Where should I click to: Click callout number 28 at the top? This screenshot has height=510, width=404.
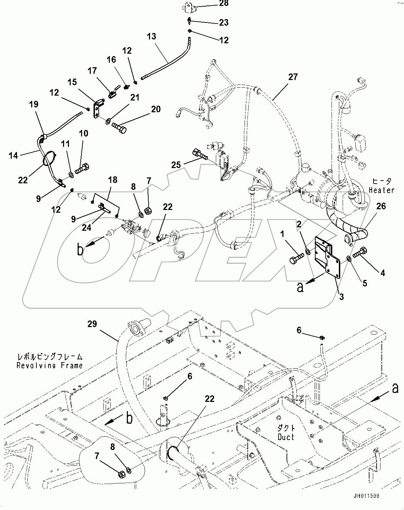click(224, 4)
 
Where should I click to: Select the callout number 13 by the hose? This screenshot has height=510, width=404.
click(151, 36)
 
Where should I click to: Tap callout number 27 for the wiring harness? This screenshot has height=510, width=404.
click(293, 77)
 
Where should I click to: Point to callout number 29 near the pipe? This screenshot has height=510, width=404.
click(92, 324)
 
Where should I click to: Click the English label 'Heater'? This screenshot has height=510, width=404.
click(381, 190)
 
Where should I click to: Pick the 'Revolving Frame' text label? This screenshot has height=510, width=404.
click(50, 365)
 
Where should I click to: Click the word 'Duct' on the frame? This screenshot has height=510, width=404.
click(286, 437)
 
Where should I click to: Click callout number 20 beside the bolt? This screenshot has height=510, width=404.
click(156, 109)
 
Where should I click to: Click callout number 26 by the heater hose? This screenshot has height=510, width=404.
click(381, 206)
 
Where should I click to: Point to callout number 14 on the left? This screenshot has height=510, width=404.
click(13, 156)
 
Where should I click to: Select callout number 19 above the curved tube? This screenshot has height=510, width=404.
click(34, 104)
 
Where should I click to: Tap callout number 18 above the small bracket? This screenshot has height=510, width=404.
click(113, 180)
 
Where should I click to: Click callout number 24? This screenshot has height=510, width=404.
click(86, 228)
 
